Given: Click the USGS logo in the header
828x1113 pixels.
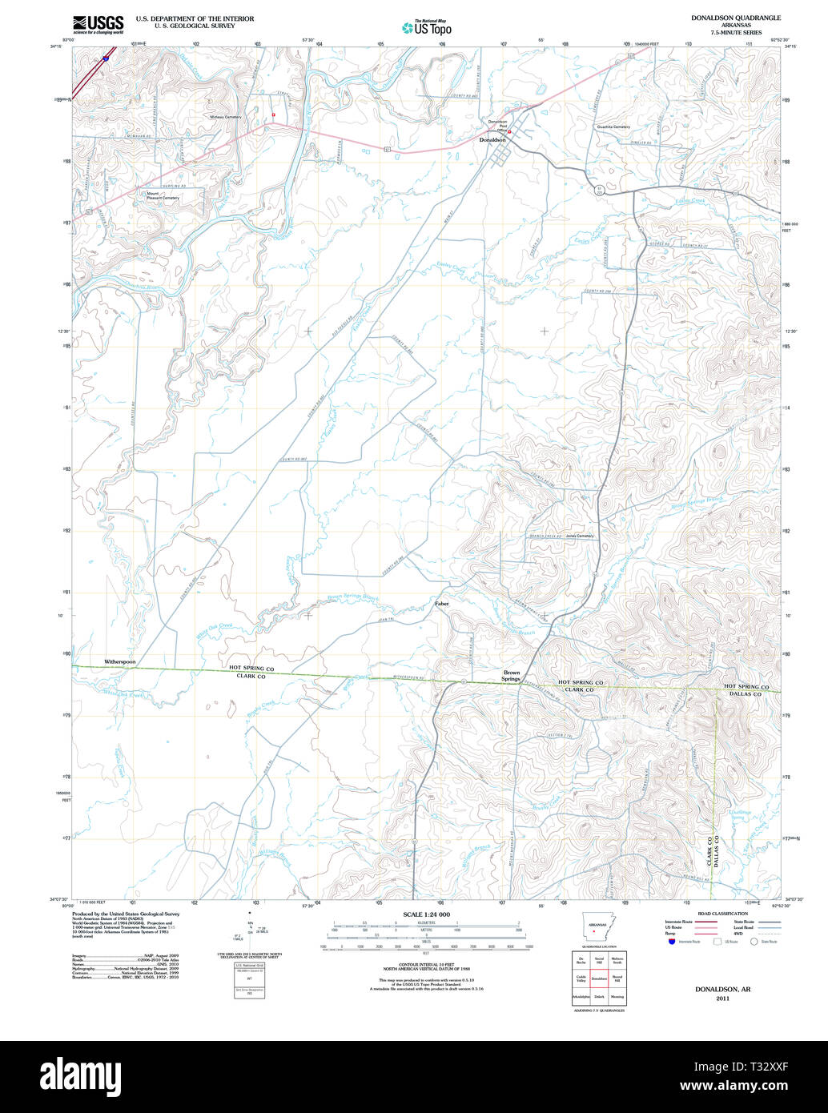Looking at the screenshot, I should coord(98,24).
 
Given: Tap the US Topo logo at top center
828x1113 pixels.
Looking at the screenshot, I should coord(427,27).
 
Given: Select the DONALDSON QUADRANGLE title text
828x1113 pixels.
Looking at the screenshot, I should coord(736,18).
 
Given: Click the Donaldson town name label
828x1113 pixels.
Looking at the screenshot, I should coord(492,140).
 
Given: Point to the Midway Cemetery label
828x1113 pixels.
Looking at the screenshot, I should coord(225,117).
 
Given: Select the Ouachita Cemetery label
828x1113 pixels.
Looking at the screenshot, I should coord(613,127).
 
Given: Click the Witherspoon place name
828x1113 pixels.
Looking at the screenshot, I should coord(120,662).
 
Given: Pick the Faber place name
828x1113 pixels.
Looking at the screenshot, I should coord(442,603).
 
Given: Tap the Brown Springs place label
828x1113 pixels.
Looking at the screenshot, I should coord(511,676).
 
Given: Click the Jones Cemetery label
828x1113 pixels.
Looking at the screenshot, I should coord(580,536).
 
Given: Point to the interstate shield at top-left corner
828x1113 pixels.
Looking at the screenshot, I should coord(106,58).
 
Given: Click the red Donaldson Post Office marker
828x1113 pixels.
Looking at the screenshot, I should coord(509,132).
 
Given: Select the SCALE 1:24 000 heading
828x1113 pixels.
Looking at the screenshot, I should coord(426,914).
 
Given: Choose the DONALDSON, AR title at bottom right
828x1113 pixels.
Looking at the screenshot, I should coord(722,990).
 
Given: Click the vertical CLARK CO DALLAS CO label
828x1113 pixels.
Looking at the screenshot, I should coord(713,849).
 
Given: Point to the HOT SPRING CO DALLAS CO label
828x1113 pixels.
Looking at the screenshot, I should coord(746,690).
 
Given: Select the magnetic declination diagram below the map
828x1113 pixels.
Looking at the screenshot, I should coord(251,929).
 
